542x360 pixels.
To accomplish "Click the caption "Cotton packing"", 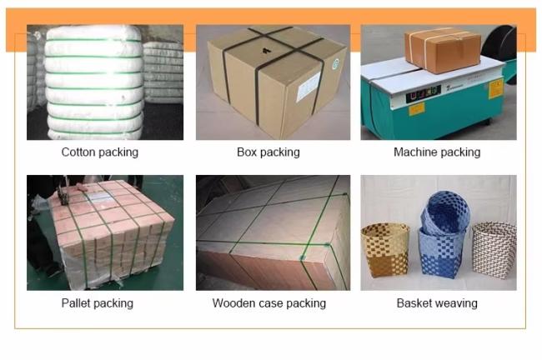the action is pos(100,152).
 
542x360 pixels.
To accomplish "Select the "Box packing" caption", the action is pos(268,152).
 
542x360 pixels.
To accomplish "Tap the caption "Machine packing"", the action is pos(437,152).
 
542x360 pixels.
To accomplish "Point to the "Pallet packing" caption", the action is pos(97,303).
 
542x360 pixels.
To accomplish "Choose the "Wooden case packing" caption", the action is pos(269,303).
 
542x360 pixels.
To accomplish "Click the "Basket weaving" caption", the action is pos(437,303).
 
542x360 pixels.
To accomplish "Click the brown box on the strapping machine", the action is pos(443,50).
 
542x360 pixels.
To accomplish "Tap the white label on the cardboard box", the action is pos(308,87).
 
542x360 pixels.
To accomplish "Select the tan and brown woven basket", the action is pos(385,250).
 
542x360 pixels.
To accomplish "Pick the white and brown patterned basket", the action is pos(494,250).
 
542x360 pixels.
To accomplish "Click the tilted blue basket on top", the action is pos(445,212).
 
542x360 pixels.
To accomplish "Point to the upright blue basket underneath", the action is pos(441,253).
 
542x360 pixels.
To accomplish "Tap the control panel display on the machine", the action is pos(424,93).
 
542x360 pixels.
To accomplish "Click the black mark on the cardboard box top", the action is pos(265,51).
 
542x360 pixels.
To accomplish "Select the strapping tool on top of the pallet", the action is pos(63,192).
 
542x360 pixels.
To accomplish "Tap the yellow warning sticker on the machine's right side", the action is pos(495,89).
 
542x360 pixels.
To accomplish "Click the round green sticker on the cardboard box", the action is pos(335,65).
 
